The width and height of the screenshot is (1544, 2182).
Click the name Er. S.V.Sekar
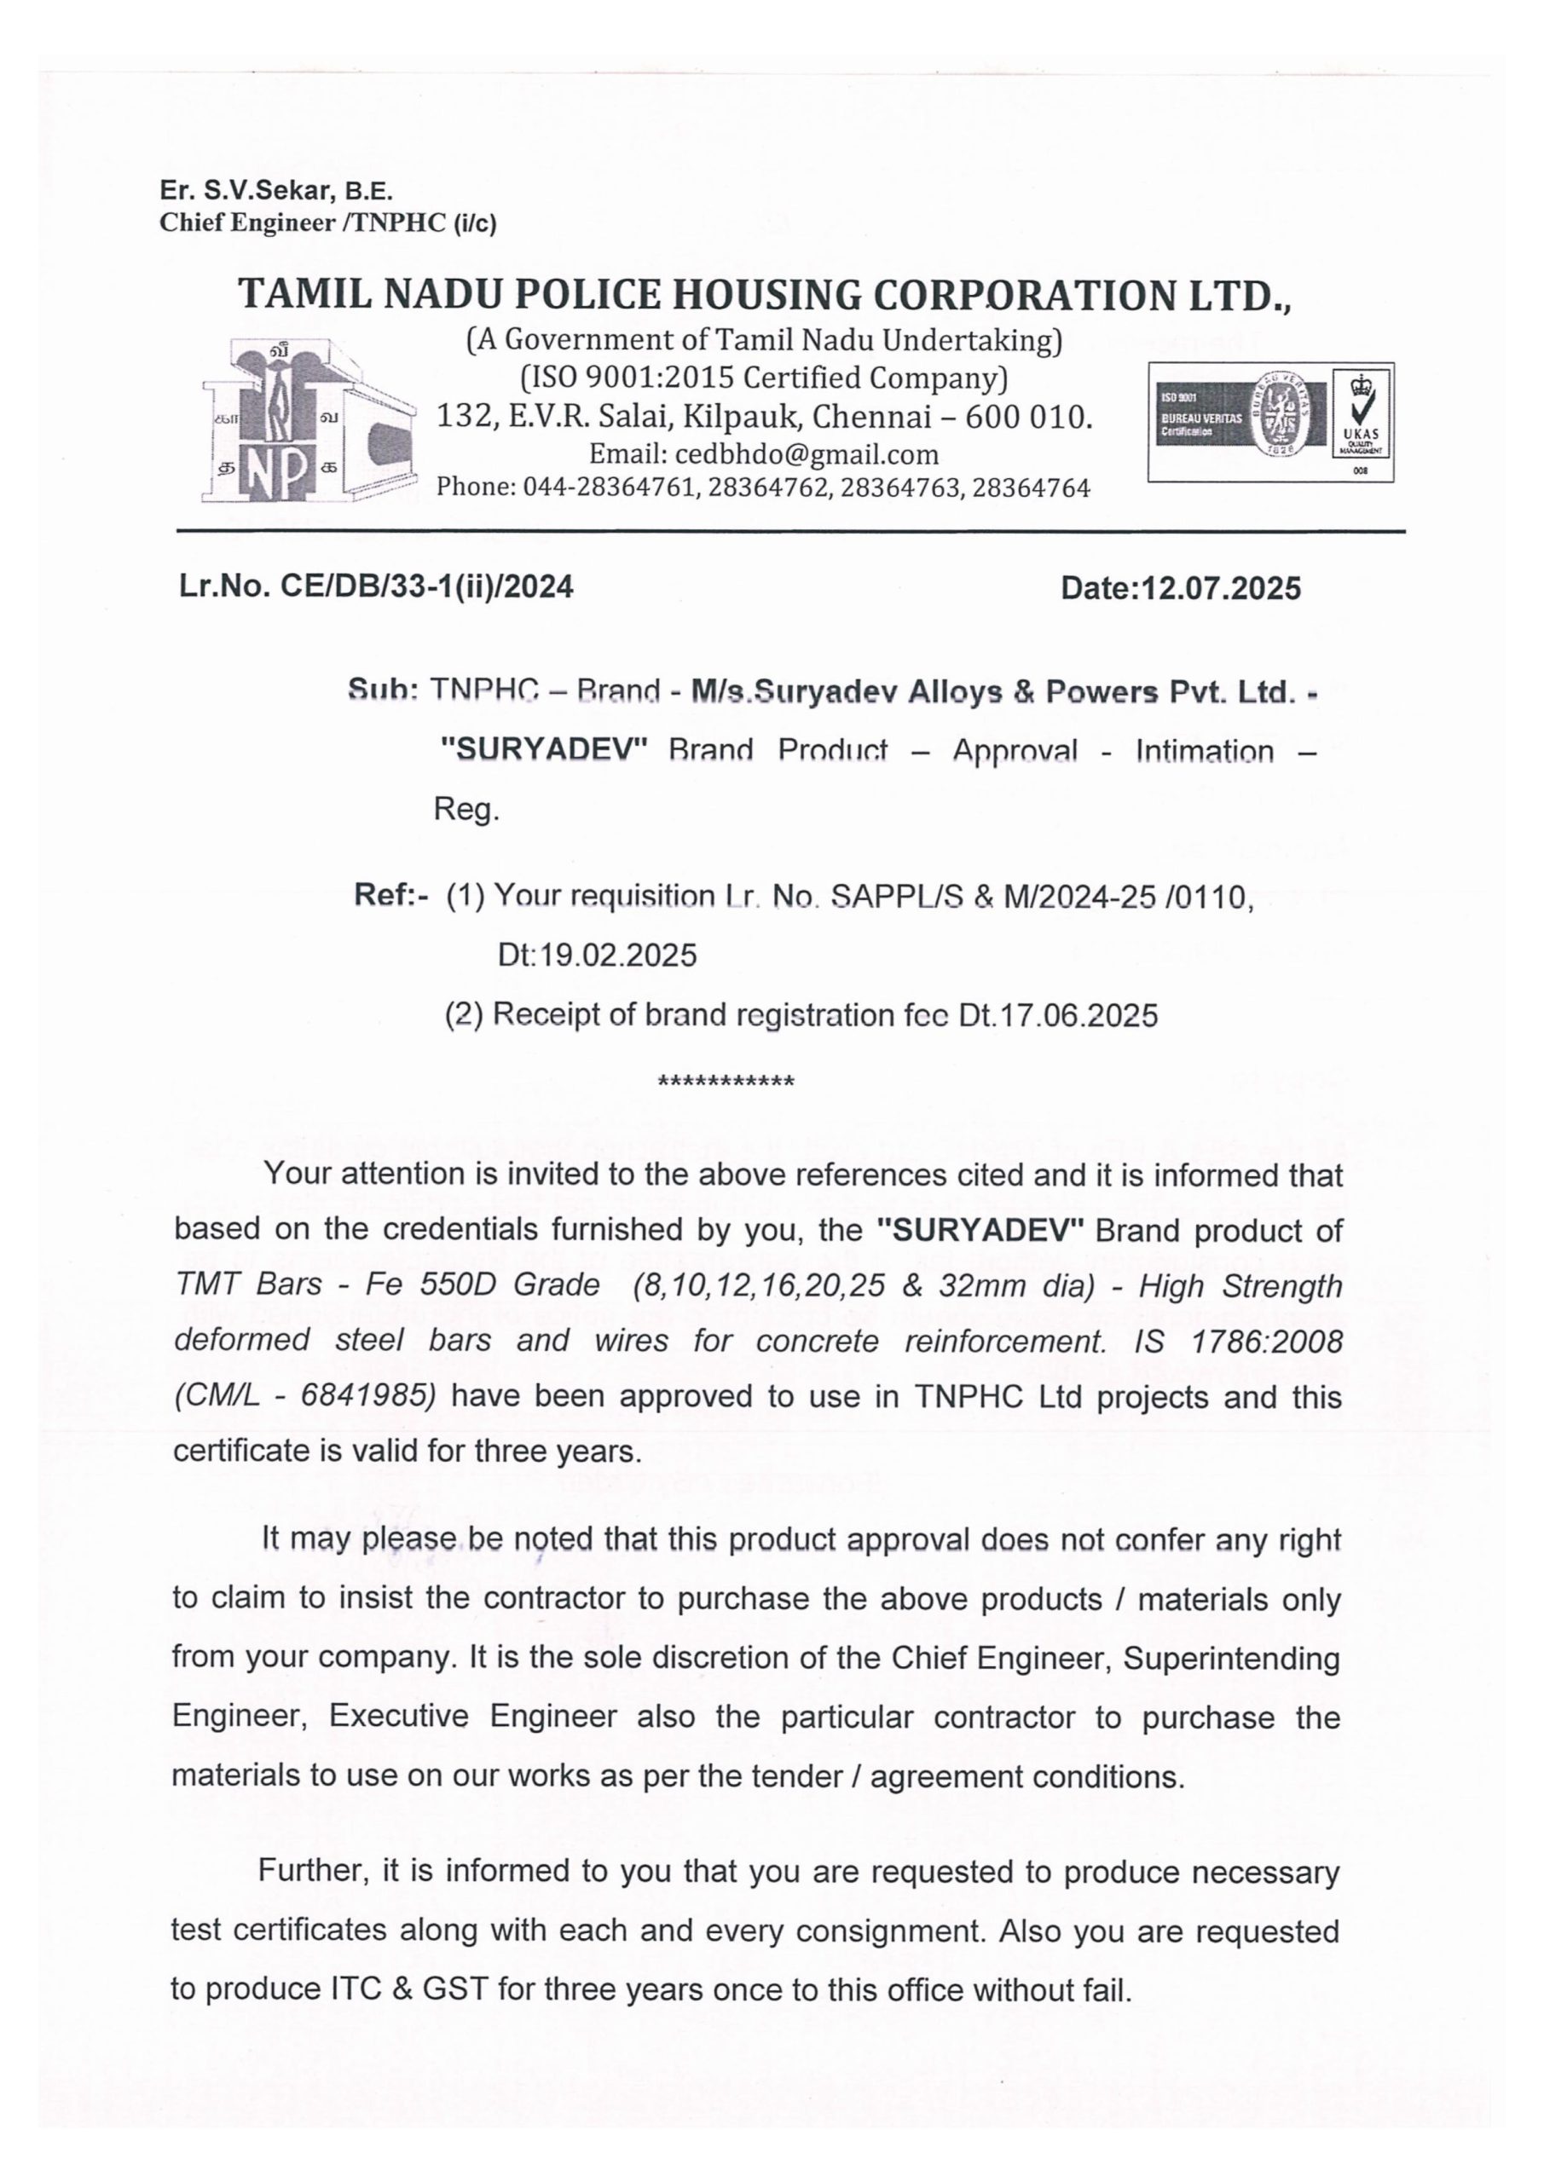coord(246,191)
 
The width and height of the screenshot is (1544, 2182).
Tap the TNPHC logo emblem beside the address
coord(309,422)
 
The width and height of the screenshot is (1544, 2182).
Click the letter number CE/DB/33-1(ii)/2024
coord(427,587)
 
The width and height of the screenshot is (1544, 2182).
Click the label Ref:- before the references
coord(390,895)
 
